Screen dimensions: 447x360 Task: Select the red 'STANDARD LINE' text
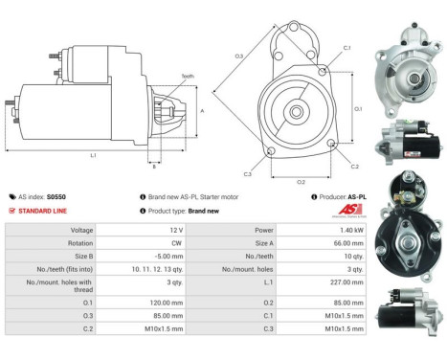(46, 211)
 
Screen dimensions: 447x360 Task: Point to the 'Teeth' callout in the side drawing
(188, 78)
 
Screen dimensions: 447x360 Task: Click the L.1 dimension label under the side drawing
(93, 156)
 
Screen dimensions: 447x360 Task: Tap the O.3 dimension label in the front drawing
(238, 56)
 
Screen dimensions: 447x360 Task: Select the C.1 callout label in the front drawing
(347, 47)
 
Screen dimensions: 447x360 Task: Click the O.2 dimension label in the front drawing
(300, 180)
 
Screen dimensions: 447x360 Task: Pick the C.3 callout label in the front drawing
(247, 174)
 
